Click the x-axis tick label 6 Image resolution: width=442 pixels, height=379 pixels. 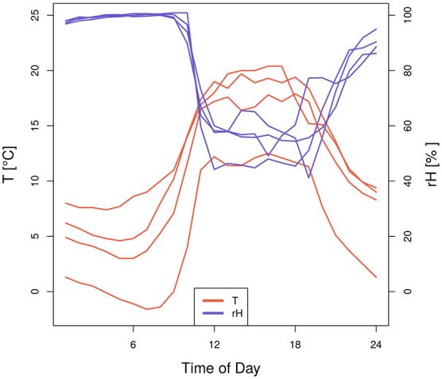pos(133,344)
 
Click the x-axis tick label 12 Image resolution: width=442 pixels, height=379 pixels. pos(215,344)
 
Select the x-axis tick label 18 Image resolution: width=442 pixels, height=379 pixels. pos(295,344)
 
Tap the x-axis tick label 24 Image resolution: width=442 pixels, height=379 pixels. pos(376,344)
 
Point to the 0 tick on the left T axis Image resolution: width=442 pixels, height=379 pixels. pos(33,292)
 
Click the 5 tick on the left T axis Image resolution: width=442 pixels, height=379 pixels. pos(33,236)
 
